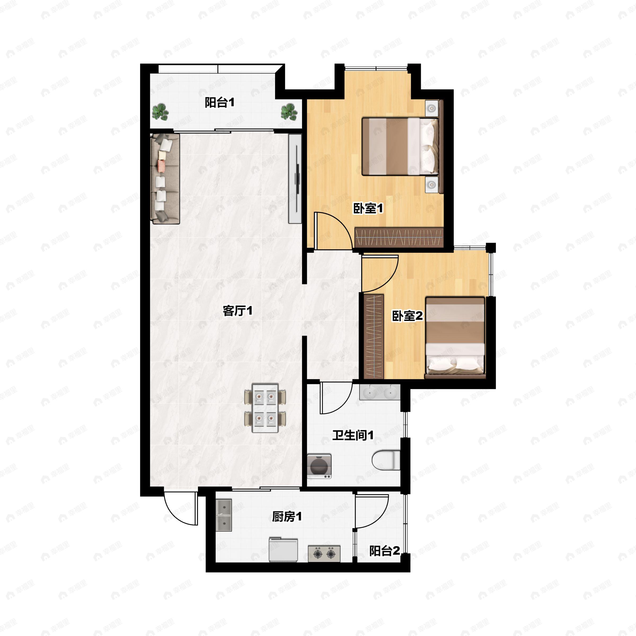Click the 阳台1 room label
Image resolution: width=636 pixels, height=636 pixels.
(220, 103)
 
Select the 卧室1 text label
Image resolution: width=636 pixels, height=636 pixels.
(368, 208)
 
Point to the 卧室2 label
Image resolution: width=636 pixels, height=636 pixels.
(407, 316)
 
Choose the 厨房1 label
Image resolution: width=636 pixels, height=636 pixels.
(287, 517)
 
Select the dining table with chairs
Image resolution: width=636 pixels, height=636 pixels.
(265, 408)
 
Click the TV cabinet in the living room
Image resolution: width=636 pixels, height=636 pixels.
(295, 179)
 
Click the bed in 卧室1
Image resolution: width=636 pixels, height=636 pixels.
(400, 147)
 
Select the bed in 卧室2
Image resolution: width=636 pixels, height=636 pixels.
(455, 337)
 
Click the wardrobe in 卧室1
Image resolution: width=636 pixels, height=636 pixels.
(399, 237)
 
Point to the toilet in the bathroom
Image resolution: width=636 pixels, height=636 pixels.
(386, 460)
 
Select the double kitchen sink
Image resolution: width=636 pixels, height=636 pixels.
(224, 515)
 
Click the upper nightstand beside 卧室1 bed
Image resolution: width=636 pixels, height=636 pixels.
(432, 108)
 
